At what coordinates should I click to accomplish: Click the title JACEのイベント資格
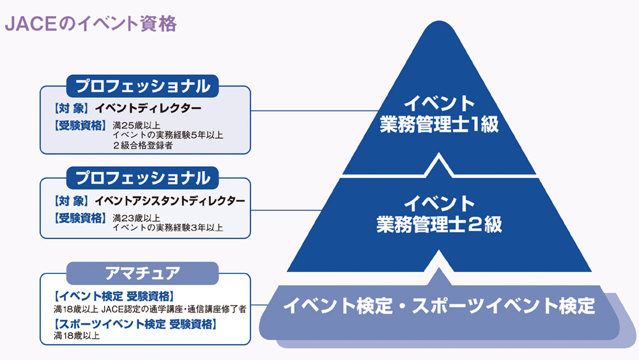[x=91, y=24]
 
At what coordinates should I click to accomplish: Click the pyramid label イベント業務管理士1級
[x=440, y=114]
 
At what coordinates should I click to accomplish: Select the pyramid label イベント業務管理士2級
[x=440, y=214]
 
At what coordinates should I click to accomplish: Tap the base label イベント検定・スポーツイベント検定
[x=440, y=306]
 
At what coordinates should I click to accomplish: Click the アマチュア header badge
[x=142, y=273]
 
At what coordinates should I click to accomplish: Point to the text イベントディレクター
[x=148, y=109]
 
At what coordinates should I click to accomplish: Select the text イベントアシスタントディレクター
[x=170, y=201]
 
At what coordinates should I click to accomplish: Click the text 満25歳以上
[x=136, y=125]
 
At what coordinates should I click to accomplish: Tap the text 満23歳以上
[x=136, y=218]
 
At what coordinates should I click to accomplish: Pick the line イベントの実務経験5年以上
[x=168, y=135]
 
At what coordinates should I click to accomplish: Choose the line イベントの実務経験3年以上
[x=168, y=228]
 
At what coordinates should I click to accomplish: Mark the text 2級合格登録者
[x=143, y=145]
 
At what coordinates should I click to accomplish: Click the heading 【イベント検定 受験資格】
[x=114, y=296]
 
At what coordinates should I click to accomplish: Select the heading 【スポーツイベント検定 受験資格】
[x=135, y=324]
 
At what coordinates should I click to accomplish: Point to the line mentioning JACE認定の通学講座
[x=150, y=309]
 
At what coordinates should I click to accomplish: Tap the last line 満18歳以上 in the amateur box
[x=77, y=336]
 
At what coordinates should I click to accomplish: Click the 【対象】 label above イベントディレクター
[x=70, y=109]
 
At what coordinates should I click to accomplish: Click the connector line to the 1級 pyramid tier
[x=314, y=111]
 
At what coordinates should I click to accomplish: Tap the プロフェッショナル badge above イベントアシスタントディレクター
[x=142, y=178]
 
